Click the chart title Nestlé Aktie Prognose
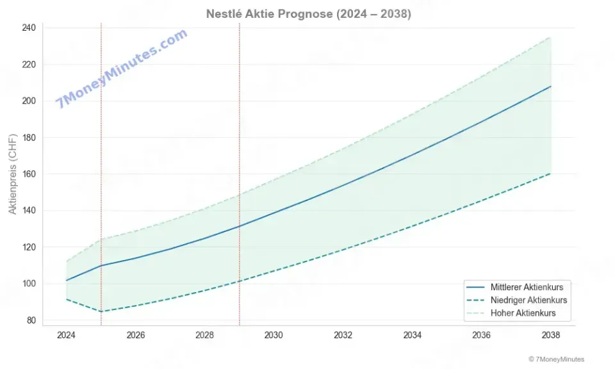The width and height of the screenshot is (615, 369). (308, 14)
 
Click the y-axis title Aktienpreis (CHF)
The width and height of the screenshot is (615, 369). (12, 174)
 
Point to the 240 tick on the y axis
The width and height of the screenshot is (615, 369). (29, 28)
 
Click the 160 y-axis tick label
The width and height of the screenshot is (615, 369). (29, 174)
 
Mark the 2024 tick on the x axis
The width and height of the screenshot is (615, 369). (66, 335)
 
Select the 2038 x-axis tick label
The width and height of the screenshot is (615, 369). (550, 335)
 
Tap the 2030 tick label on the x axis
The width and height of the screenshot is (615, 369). (274, 335)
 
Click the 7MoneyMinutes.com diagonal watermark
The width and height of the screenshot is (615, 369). (122, 68)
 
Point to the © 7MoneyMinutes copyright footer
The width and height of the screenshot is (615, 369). (556, 359)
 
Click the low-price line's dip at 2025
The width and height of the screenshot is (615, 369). (101, 312)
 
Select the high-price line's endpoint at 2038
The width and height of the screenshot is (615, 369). (550, 37)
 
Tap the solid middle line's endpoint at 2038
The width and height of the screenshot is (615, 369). (550, 86)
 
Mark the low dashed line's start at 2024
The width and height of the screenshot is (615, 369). (66, 299)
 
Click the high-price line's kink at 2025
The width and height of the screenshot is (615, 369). (101, 240)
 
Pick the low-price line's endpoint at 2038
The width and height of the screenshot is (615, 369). (550, 174)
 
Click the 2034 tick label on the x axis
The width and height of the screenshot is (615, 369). (412, 335)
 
